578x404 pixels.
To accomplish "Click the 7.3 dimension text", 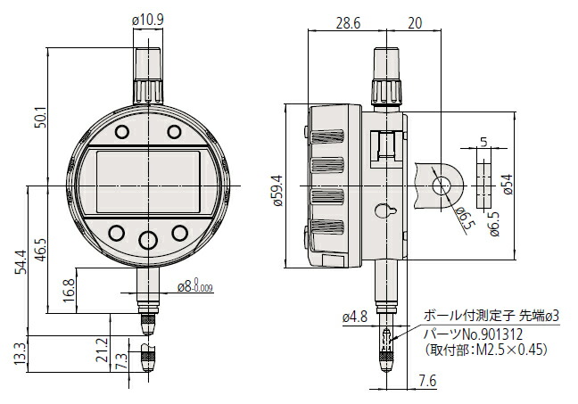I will point(120,360).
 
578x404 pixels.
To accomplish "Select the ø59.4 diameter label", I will point(277,190).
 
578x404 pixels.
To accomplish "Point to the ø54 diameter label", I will point(508,184).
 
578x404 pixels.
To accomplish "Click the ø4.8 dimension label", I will point(354,315).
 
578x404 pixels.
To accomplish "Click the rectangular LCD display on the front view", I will point(147,182).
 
